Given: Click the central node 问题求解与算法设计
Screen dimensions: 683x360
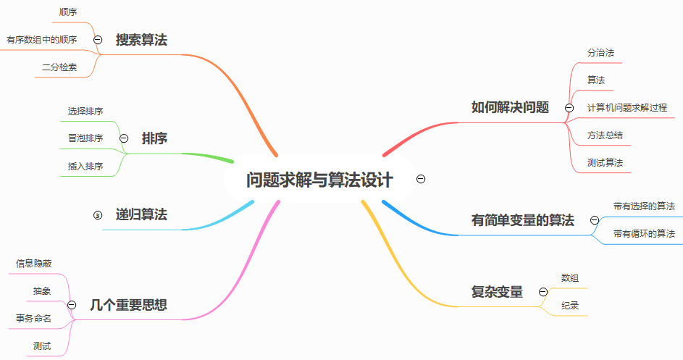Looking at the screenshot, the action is click(319, 180).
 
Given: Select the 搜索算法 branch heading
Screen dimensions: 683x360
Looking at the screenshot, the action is click(141, 40).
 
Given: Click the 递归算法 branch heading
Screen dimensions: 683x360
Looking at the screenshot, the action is click(141, 214).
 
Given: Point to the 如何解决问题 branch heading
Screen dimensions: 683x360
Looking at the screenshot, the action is click(510, 107).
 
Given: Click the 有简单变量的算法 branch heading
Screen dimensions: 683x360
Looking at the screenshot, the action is click(522, 220).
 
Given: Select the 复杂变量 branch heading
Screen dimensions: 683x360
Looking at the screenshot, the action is click(497, 292).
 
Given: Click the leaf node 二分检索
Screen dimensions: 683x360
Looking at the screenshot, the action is click(59, 68).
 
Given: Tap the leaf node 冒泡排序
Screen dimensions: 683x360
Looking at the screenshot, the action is click(85, 138).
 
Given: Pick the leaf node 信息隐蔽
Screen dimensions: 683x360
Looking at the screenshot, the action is click(34, 264).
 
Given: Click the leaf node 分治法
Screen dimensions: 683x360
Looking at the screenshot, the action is click(601, 53).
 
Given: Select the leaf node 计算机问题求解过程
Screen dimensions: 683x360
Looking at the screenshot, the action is click(627, 107).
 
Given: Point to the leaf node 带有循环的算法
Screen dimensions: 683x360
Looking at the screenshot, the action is click(644, 233).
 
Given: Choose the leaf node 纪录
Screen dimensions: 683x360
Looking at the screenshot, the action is click(570, 306).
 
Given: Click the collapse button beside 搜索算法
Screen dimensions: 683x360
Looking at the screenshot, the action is click(98, 40).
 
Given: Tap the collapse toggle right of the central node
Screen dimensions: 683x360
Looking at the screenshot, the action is click(421, 179).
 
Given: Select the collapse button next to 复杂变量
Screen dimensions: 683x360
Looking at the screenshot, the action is click(542, 292).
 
